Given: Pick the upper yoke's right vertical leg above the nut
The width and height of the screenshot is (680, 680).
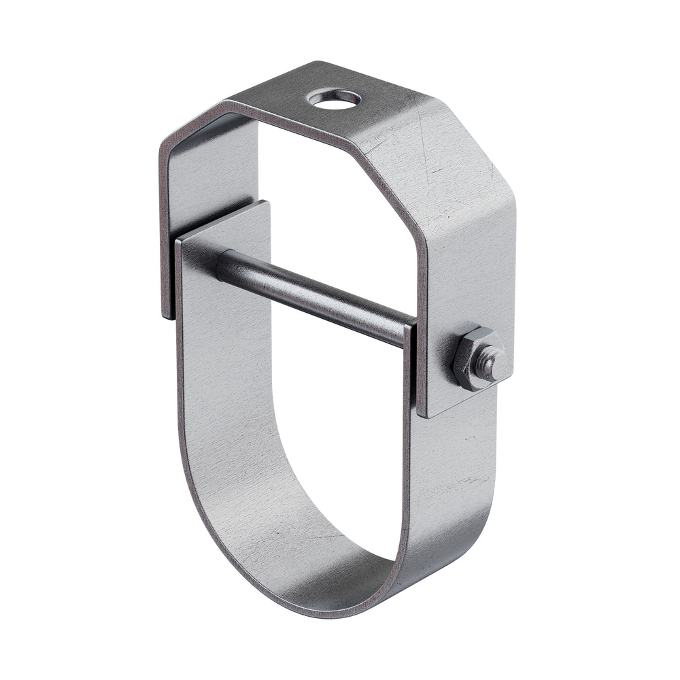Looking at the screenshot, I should (x=469, y=272).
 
